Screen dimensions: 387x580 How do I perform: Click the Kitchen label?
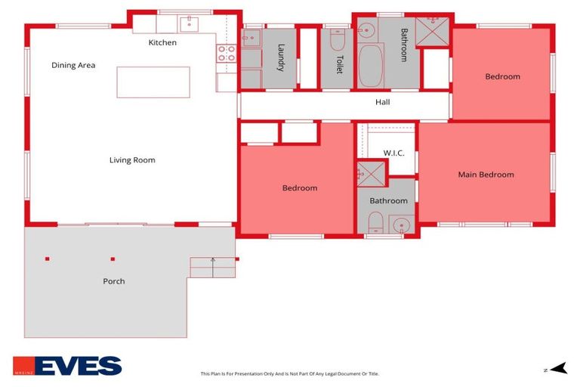pos(162,43)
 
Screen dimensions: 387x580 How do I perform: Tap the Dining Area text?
pos(73,66)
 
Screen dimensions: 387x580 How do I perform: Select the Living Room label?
pos(132,160)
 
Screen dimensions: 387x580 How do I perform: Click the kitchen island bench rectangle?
pos(153,82)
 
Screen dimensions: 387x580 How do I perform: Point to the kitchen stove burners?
pos(227,53)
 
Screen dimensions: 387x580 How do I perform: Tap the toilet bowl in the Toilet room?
pos(338,36)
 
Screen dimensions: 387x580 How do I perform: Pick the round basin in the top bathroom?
pos(366,31)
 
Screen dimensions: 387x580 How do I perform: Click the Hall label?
pos(383,102)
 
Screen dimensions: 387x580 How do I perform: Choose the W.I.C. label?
pos(393,153)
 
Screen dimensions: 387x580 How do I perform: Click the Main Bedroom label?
pos(486,175)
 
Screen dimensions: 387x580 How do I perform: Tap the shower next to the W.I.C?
pos(371,172)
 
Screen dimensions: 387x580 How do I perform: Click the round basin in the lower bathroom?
pos(401,224)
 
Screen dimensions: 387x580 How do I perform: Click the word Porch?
pos(114,281)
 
